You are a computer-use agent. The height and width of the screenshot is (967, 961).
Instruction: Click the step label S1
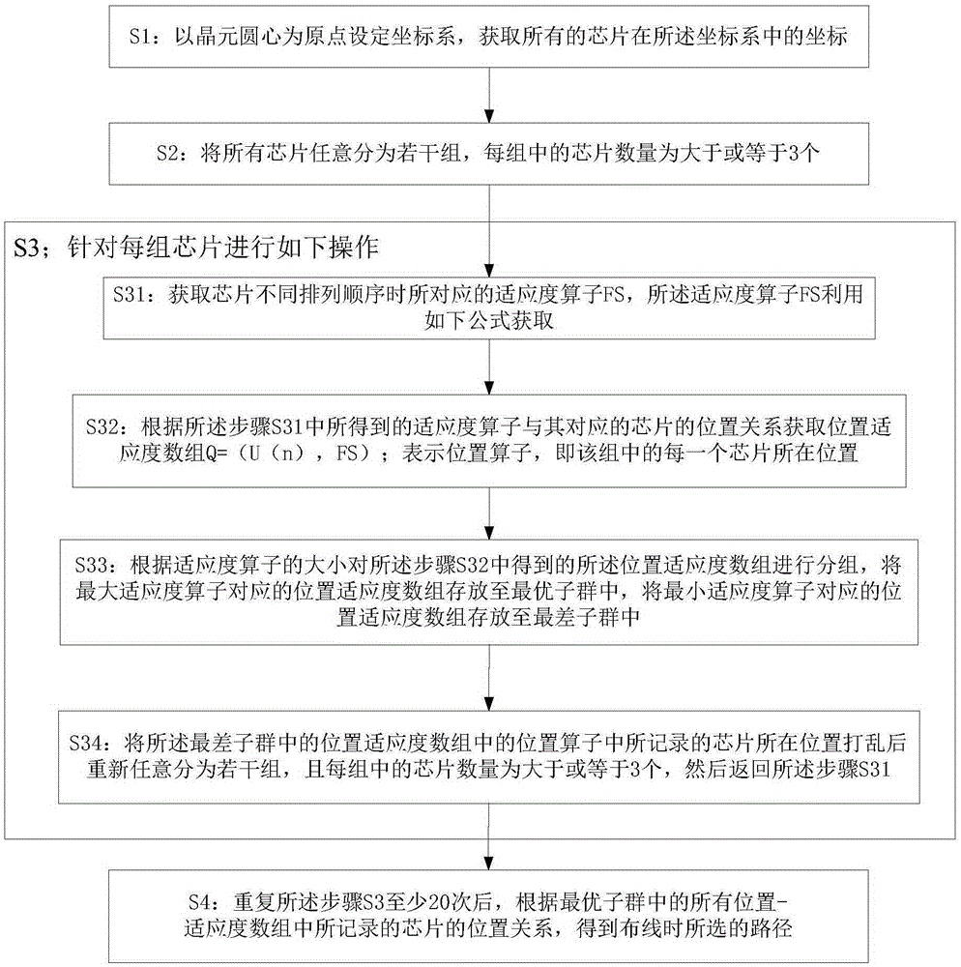pos(139,37)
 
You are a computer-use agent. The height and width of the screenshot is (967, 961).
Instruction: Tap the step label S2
pos(167,153)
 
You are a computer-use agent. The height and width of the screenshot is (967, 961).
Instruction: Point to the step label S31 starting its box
pos(129,295)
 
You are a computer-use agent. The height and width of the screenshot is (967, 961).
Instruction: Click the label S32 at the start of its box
pos(102,426)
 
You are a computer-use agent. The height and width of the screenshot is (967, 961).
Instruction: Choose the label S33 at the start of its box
pos(91,566)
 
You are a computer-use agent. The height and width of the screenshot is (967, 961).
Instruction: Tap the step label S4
pos(200,903)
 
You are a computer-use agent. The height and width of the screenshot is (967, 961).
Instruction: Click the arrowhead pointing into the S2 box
pos(489,116)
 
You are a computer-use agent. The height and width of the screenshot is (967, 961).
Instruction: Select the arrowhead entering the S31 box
pos(489,271)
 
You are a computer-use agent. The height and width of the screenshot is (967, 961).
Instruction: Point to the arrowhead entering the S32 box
pos(489,388)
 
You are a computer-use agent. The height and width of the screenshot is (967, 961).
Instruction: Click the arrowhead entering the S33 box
pos(489,533)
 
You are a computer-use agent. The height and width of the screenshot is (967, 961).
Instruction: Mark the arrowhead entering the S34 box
pos(489,704)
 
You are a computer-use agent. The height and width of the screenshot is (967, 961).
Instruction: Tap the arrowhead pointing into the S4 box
pos(489,863)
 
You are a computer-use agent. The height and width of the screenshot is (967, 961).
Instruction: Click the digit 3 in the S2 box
pos(794,153)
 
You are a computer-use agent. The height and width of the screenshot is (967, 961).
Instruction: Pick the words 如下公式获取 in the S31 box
pos(489,321)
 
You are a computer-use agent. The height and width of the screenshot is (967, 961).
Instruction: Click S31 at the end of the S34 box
pos(875,769)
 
